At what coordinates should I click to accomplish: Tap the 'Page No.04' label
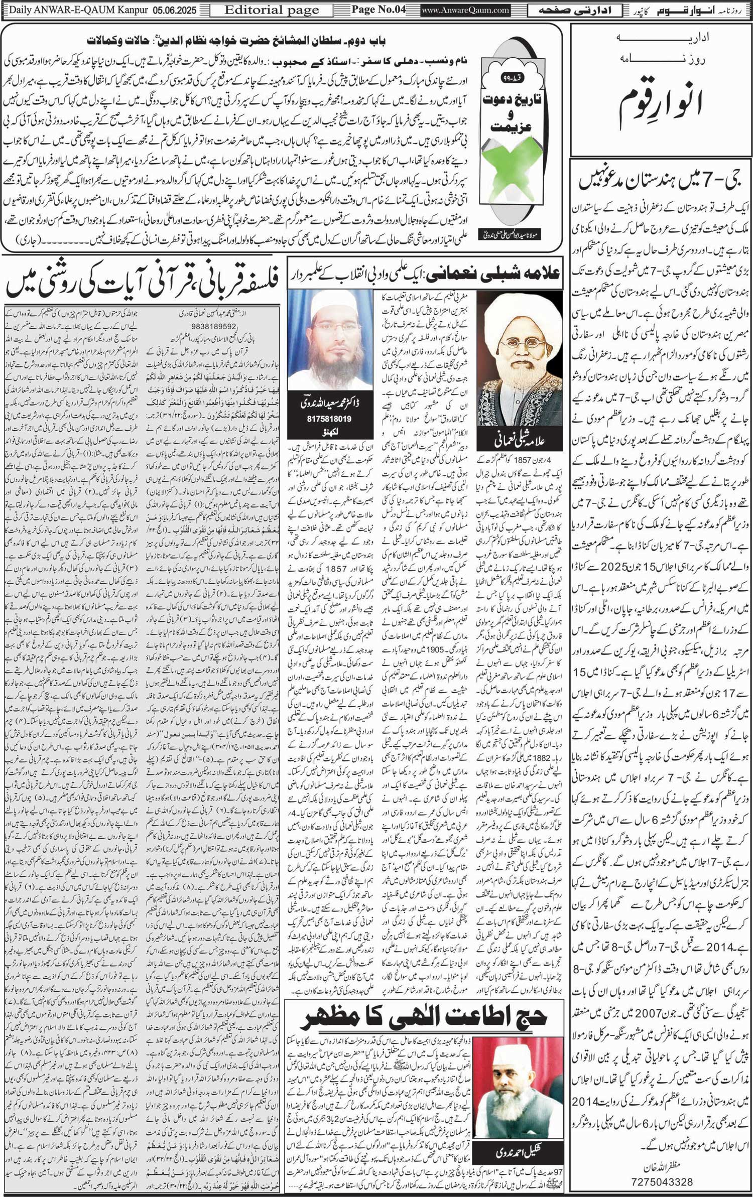[x=378, y=10]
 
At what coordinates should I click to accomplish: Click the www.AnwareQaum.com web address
[x=465, y=10]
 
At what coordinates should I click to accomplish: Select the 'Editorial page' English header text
[x=272, y=10]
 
